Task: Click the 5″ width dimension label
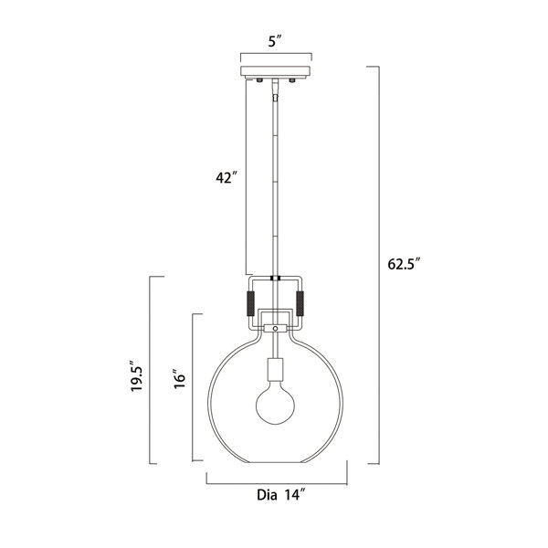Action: (x=275, y=42)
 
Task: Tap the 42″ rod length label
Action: (x=227, y=177)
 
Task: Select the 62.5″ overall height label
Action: (x=404, y=264)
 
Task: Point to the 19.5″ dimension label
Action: (x=137, y=376)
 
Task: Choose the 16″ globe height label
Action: (x=180, y=378)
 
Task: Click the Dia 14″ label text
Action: (x=281, y=495)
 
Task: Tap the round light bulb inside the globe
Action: (x=275, y=405)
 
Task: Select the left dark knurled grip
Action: (x=250, y=303)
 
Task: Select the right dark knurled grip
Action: (x=300, y=303)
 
